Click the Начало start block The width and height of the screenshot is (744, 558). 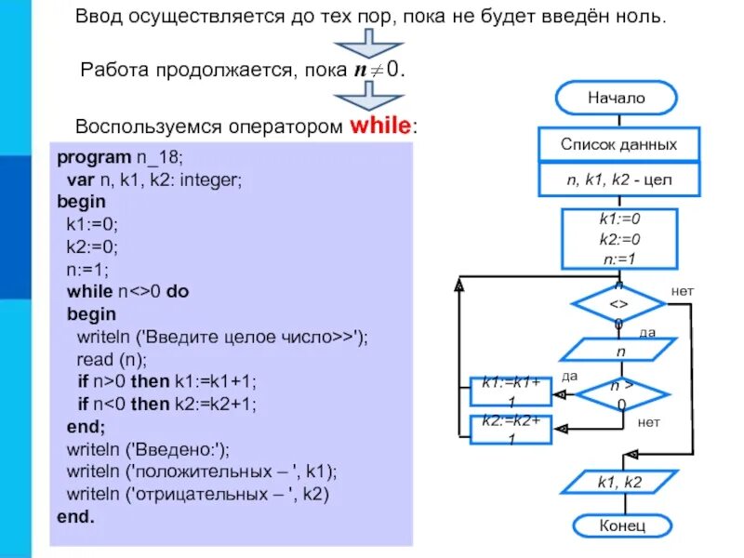tap(615, 98)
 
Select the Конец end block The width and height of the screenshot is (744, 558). tap(615, 525)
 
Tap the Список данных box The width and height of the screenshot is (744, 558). tap(618, 144)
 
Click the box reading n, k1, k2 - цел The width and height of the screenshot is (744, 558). tap(618, 180)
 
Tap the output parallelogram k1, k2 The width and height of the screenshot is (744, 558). tap(618, 482)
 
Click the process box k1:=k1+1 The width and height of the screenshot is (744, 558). tap(511, 391)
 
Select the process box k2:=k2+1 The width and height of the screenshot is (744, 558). tap(511, 429)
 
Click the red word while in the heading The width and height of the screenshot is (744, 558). tap(379, 126)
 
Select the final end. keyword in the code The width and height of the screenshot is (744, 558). tap(76, 516)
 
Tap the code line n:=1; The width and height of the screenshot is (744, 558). tap(87, 269)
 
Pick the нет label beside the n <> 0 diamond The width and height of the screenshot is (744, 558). tap(683, 291)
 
